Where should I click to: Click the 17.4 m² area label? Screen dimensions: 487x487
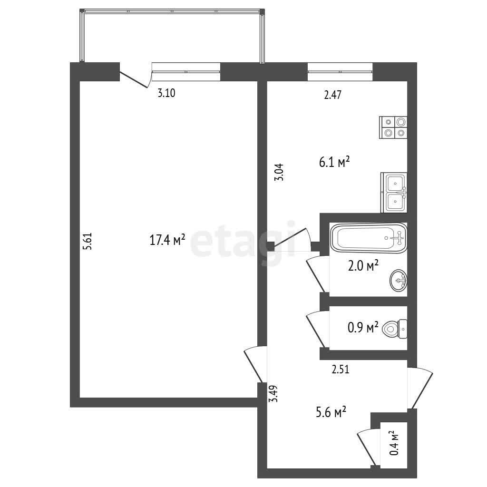point(167,240)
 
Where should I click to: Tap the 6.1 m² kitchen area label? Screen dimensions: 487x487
point(334,162)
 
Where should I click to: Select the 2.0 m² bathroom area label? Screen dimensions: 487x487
point(363,266)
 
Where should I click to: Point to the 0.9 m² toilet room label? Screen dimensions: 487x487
point(363,327)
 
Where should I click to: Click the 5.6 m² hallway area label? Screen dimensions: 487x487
point(331,412)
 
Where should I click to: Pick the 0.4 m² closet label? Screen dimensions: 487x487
point(394,443)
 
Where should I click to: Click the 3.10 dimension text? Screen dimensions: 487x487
point(166,93)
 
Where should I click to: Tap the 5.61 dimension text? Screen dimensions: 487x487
point(88,242)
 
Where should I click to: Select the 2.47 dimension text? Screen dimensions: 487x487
point(332,95)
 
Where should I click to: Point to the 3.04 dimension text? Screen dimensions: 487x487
point(279,172)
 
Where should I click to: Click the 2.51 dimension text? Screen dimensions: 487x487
point(341,369)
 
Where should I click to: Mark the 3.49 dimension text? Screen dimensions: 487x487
point(273,394)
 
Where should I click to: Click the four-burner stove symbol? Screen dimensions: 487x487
point(393,127)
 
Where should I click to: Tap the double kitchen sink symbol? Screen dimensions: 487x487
point(394,193)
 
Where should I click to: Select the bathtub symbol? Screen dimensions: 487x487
point(369,238)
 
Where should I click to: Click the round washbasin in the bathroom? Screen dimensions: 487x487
point(399,281)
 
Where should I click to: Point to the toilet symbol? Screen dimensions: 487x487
point(394,329)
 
